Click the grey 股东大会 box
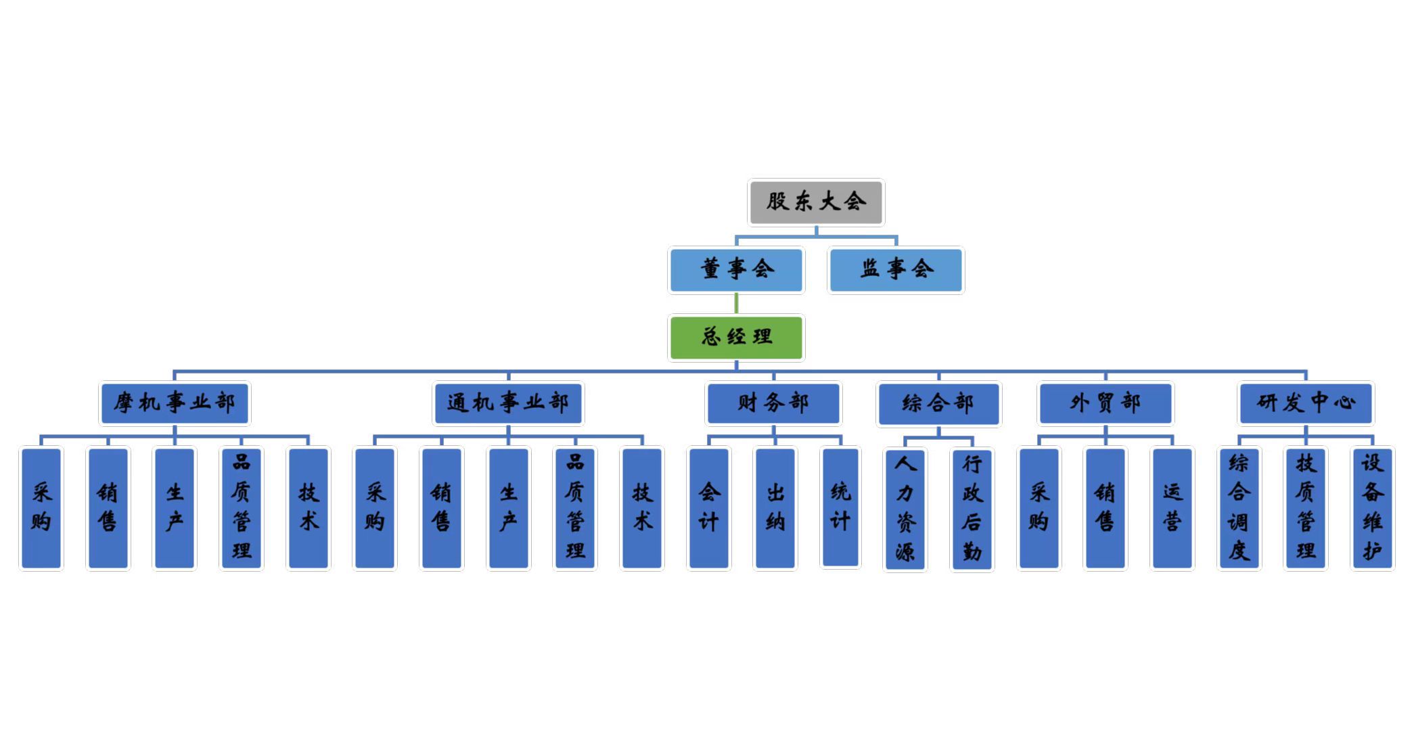[x=815, y=202]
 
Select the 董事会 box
[x=736, y=270]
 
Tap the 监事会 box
[x=896, y=270]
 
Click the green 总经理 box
[x=736, y=337]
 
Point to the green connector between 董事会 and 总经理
[x=736, y=304]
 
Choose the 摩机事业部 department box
[x=175, y=403]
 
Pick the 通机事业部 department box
[x=508, y=403]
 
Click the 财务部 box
[x=773, y=403]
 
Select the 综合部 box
[x=938, y=404]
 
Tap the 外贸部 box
[x=1105, y=403]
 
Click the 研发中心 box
[x=1306, y=403]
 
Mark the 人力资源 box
[x=905, y=509]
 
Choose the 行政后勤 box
[x=972, y=509]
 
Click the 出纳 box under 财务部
[x=775, y=508]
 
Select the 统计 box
[x=840, y=507]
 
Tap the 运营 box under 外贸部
[x=1172, y=508]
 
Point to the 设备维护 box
[x=1372, y=508]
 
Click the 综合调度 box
[x=1239, y=508]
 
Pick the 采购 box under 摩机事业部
[x=41, y=508]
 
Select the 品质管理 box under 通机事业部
[x=575, y=508]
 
